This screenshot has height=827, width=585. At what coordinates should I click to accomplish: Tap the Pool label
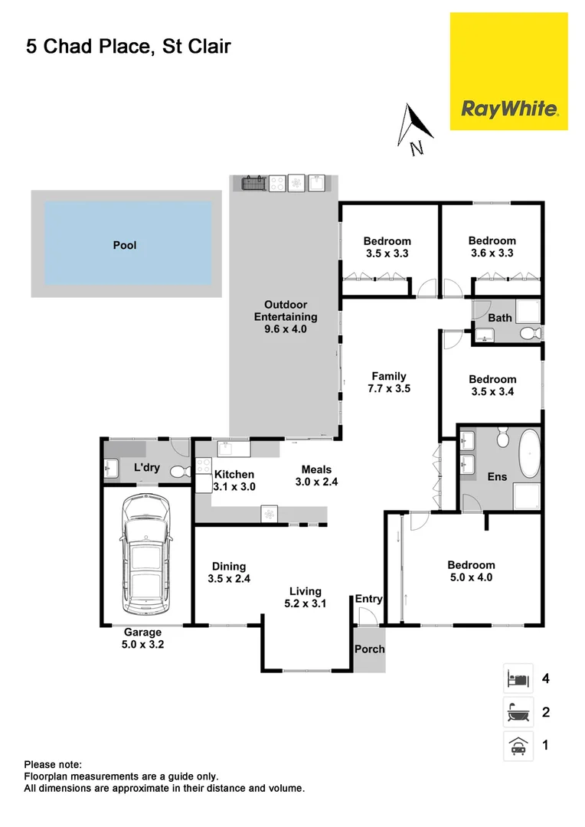[125, 246]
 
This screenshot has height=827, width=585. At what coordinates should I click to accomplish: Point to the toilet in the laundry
[180, 472]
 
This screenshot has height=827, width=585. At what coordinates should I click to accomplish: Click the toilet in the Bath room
[529, 333]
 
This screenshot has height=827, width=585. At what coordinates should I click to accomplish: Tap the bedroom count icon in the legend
[515, 678]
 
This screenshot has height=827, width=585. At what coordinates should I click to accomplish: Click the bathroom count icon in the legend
[515, 712]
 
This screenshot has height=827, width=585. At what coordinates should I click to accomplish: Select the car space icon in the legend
[515, 744]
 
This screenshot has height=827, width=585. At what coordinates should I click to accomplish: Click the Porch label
[369, 649]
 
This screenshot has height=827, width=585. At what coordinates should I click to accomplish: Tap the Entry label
[368, 600]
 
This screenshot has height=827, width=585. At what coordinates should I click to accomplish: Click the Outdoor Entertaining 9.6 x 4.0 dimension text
[286, 329]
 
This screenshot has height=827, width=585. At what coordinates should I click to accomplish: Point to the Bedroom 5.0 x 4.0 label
[471, 572]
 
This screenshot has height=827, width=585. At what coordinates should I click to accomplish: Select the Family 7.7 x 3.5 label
[389, 382]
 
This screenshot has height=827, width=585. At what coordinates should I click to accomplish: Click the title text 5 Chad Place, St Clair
[129, 47]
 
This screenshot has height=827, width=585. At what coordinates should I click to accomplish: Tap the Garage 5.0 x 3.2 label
[144, 639]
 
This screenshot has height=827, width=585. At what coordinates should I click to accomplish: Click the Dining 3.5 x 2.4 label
[229, 573]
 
